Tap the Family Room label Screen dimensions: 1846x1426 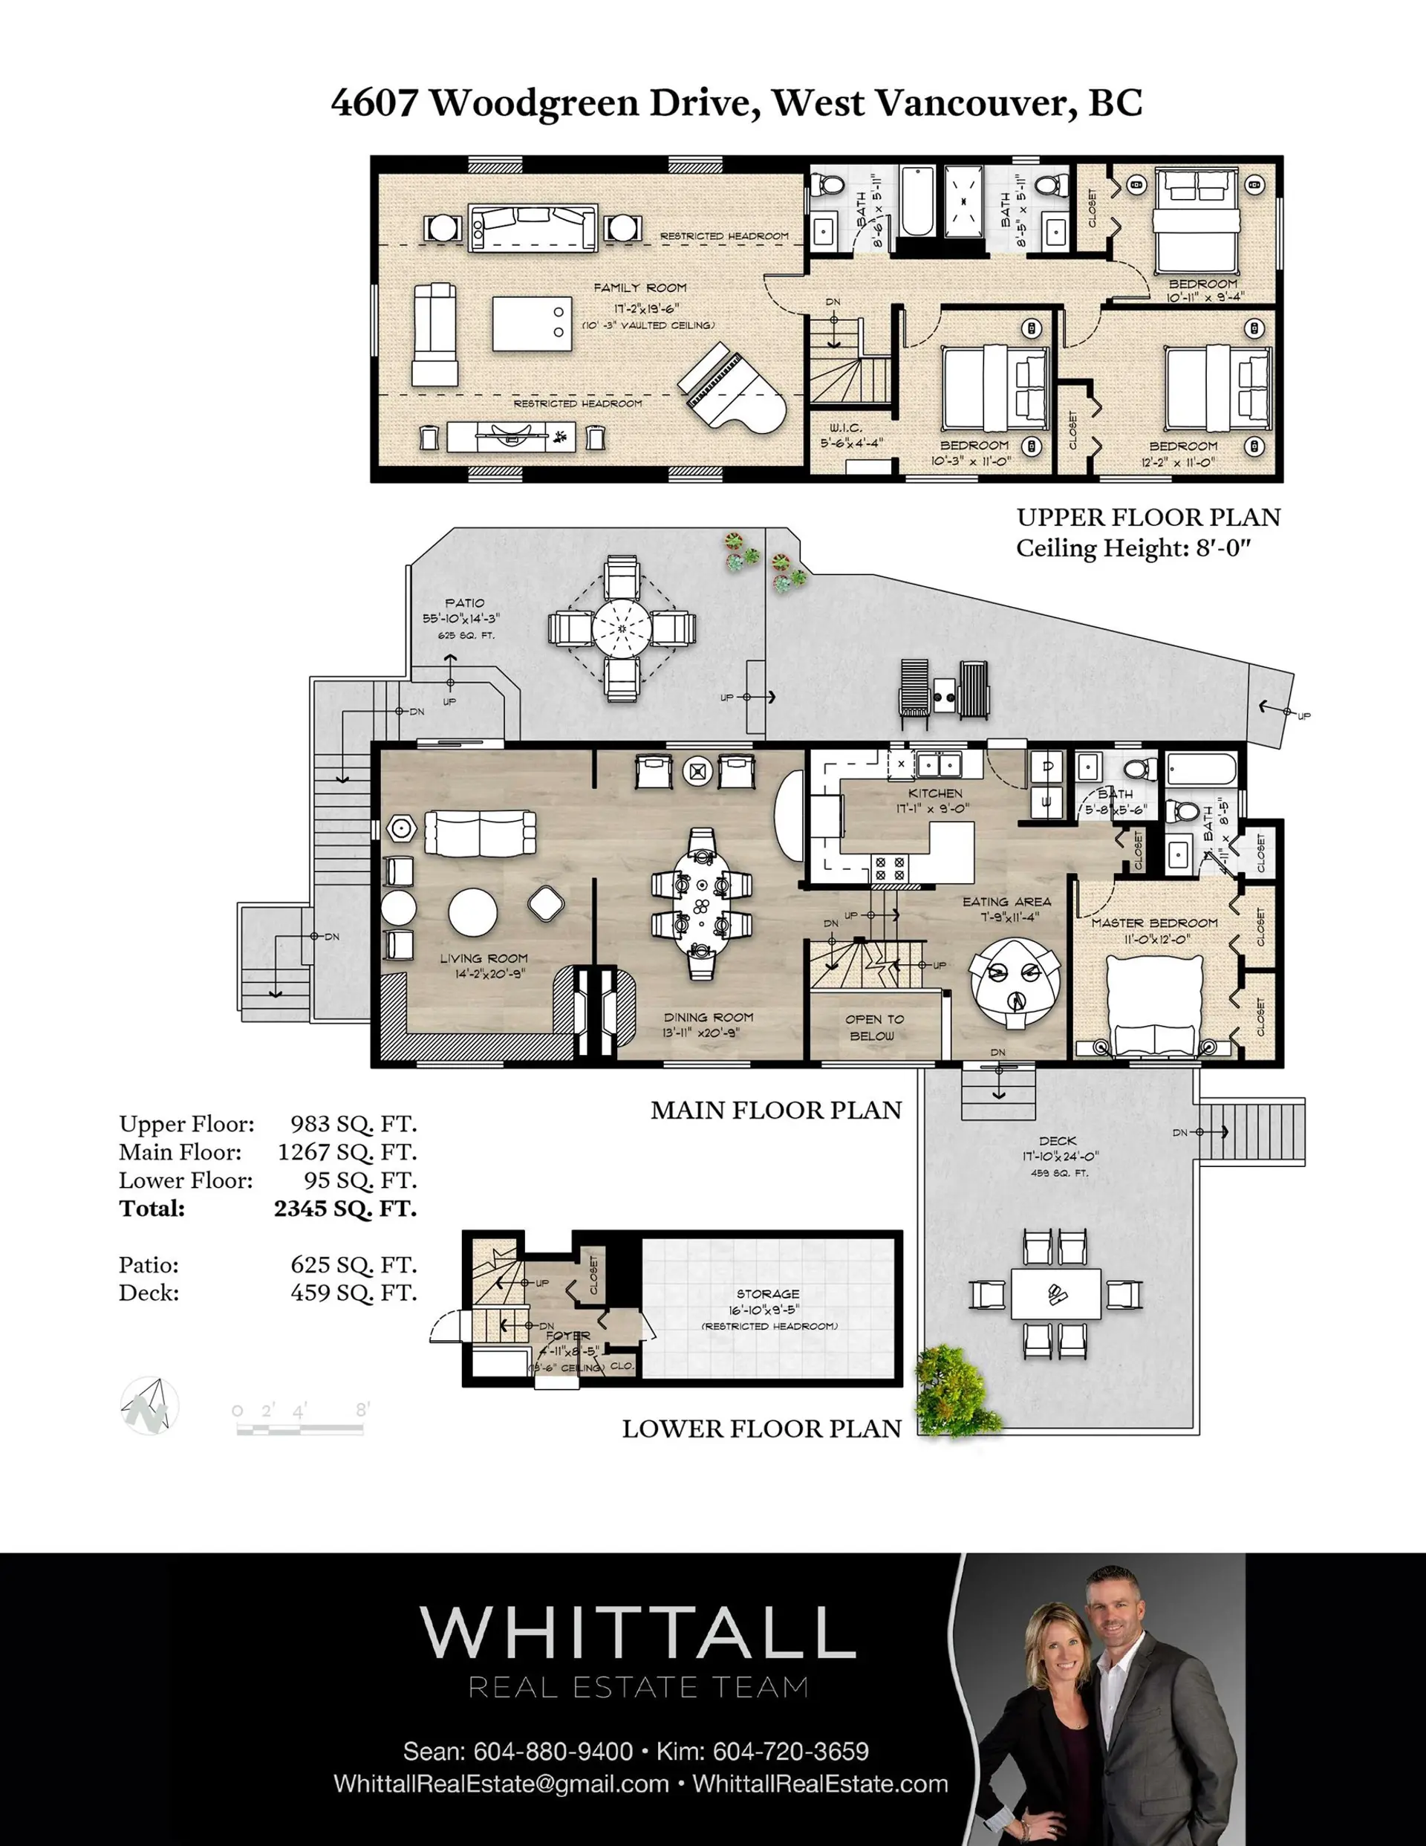point(640,288)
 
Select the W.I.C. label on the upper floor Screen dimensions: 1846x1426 point(845,429)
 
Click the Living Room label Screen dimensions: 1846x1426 point(484,958)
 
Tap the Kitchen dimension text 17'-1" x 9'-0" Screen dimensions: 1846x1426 point(934,808)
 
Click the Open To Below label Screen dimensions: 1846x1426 point(874,1027)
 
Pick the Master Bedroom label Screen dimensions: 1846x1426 point(1154,923)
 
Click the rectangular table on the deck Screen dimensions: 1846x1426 point(1056,1294)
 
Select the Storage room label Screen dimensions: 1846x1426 point(767,1294)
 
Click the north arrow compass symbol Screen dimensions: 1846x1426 point(149,1406)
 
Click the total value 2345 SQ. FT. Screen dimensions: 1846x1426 point(345,1209)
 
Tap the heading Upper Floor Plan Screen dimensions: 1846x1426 point(1148,517)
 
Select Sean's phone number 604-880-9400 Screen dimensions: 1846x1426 point(553,1752)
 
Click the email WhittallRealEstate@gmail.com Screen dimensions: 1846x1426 point(501,1784)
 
